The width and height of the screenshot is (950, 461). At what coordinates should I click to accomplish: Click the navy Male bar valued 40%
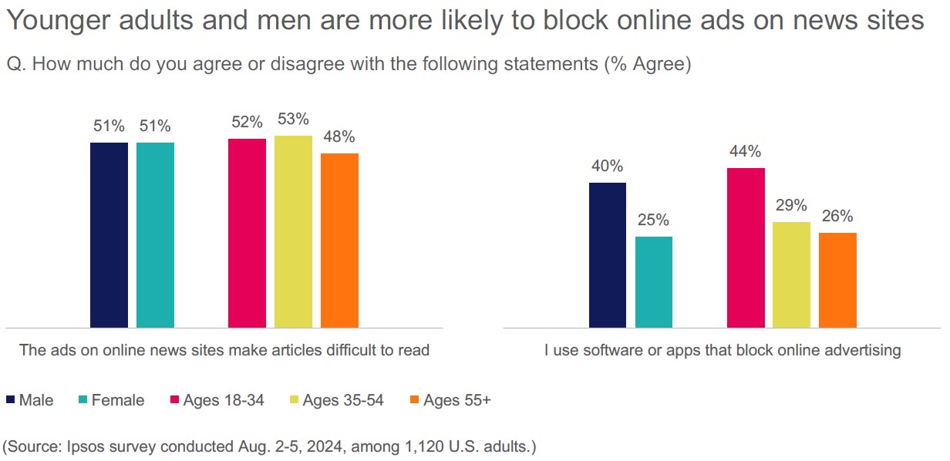(x=608, y=255)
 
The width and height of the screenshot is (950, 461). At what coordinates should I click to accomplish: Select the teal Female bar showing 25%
(x=654, y=282)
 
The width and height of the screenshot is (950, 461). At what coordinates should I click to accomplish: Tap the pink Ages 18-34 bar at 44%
(x=746, y=247)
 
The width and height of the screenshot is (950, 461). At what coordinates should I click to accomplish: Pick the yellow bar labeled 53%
(x=293, y=231)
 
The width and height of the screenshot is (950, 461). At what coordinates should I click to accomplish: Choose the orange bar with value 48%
(x=339, y=241)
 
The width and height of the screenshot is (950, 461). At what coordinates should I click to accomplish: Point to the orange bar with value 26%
(x=837, y=280)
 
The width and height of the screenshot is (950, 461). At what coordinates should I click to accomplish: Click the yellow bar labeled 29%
(x=792, y=274)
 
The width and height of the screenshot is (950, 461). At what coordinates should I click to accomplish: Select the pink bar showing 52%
(x=247, y=233)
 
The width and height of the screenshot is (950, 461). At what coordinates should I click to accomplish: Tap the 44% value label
(x=746, y=151)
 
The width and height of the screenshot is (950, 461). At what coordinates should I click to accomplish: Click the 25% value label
(x=654, y=220)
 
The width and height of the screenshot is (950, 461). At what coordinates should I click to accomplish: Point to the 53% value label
(x=293, y=119)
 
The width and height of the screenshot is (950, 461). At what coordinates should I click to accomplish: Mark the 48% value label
(x=339, y=137)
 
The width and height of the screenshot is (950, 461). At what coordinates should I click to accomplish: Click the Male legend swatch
(x=11, y=400)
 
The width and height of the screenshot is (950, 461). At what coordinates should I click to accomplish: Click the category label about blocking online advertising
(x=722, y=350)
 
